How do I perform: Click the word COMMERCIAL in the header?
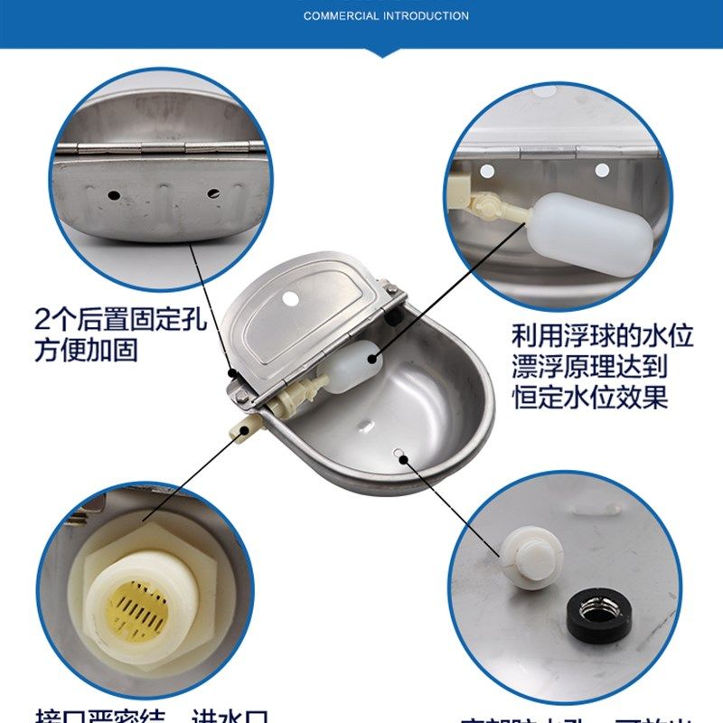(341, 15)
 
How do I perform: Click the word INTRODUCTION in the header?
(424, 15)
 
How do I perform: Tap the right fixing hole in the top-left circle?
(213, 192)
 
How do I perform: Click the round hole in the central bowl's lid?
(290, 297)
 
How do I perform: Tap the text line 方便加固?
(86, 350)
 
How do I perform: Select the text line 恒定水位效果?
(590, 398)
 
